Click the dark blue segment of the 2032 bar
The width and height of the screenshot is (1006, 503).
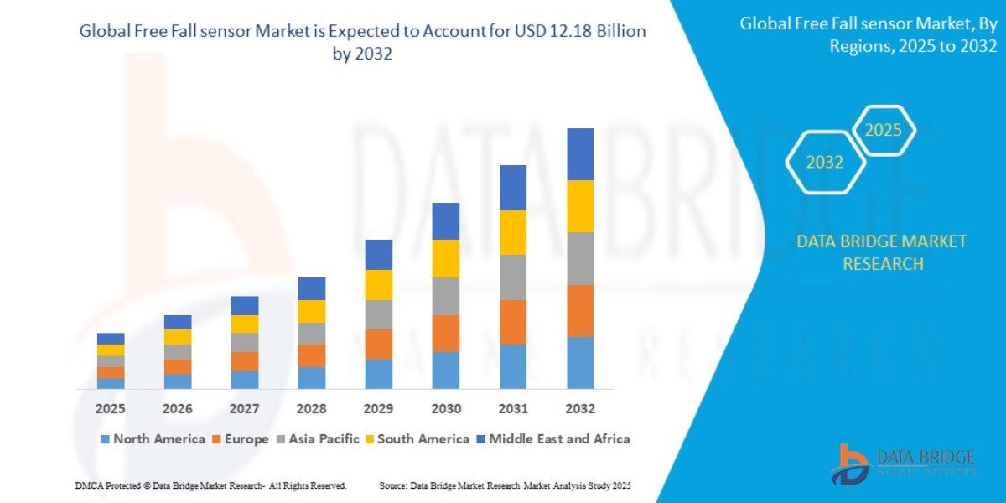[580, 154]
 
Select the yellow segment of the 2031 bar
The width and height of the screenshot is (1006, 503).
[513, 232]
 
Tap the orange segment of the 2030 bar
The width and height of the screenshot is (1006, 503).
[446, 333]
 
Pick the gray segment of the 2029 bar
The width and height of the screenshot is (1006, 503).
[379, 314]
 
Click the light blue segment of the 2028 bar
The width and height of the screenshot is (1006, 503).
[312, 378]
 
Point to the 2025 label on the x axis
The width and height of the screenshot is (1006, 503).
[111, 408]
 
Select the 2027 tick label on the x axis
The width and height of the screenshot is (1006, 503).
[245, 408]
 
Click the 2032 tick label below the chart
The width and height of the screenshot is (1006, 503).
[580, 408]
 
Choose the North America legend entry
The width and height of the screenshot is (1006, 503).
[153, 438]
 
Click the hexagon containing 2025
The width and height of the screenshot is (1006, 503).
[884, 131]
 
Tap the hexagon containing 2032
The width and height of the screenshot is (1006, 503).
[825, 163]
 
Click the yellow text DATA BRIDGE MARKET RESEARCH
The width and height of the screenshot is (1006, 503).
[881, 252]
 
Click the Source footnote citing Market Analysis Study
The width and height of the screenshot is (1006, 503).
[505, 485]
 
